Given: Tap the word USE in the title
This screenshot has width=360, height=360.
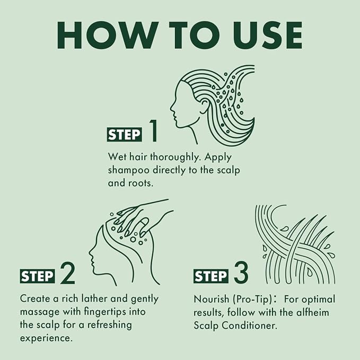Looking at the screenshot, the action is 267,35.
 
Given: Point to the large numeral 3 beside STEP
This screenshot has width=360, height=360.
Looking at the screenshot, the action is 241,273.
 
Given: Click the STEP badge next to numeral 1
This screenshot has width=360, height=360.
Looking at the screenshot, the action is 124,135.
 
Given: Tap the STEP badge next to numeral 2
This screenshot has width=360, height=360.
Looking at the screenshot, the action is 38,276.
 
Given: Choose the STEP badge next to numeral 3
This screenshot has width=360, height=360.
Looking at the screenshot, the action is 211,276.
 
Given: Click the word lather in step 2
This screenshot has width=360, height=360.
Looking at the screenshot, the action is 94,298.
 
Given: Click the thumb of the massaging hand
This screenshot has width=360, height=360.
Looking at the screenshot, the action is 145,227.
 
